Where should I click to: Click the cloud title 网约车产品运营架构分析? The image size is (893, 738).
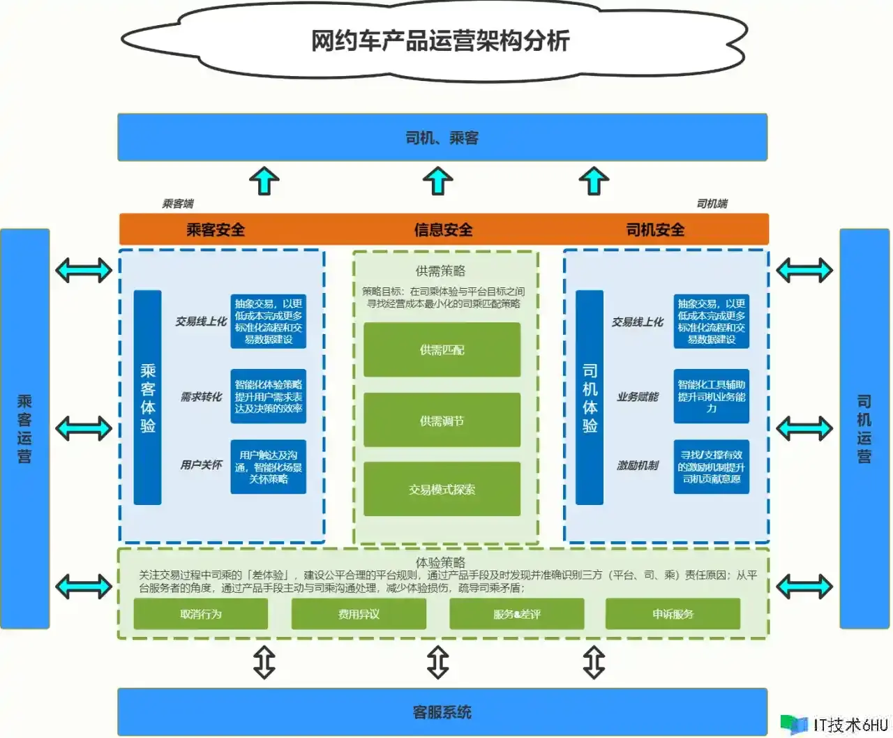[x=440, y=40]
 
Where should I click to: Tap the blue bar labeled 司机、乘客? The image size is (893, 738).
[x=442, y=137]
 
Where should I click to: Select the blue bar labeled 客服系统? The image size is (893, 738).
[x=442, y=711]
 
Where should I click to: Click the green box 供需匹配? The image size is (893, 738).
[x=442, y=349]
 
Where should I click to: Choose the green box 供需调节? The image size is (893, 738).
[x=442, y=421]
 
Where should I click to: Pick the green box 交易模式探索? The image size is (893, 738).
[x=442, y=489]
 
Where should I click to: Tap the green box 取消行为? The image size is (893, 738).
[x=201, y=614]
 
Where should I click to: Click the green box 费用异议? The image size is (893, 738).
[x=359, y=614]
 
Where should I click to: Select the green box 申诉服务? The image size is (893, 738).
[x=673, y=614]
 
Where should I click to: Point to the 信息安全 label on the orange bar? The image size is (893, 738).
[x=443, y=229]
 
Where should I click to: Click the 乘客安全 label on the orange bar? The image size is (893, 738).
[x=216, y=229]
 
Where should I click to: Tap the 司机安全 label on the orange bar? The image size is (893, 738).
[x=655, y=229]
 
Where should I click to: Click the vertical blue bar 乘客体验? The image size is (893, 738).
[x=148, y=398]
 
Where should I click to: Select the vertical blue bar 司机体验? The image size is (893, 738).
[x=590, y=398]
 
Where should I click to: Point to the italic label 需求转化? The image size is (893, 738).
[x=201, y=396]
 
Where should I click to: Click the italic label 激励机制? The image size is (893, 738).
[x=637, y=465]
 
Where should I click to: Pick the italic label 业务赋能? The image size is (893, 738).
[x=637, y=396]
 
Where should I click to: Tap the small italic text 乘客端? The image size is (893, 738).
[x=178, y=204]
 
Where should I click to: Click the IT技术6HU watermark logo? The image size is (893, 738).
[x=834, y=725]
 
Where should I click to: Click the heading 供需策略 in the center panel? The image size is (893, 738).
[x=440, y=271]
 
